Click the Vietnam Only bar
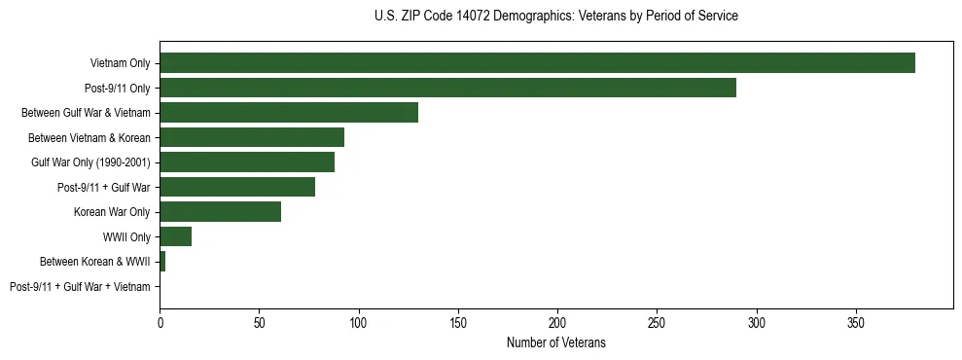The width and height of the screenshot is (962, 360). (537, 63)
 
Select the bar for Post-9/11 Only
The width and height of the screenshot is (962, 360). (447, 88)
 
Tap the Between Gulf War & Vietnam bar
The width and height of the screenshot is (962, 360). (289, 113)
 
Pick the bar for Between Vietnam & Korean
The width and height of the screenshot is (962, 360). (252, 137)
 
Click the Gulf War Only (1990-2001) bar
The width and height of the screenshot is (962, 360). (247, 162)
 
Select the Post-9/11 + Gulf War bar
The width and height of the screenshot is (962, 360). (237, 187)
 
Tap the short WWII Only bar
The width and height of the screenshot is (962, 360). (175, 236)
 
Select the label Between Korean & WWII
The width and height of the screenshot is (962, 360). (94, 262)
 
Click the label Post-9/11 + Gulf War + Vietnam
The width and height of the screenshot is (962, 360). (80, 286)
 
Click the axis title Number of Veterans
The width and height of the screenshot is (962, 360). (555, 342)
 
